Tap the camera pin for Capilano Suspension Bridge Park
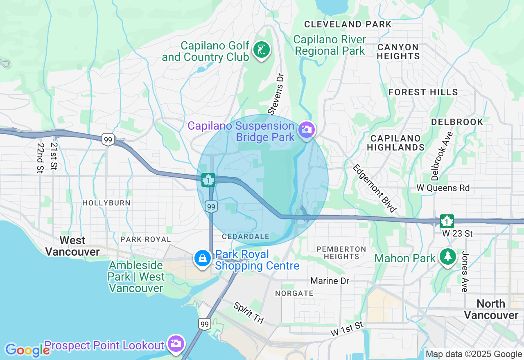tap(307, 130)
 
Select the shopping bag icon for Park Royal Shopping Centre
tap(202, 259)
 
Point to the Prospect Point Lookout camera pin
tap(176, 344)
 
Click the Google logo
tap(27, 350)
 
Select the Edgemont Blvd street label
tap(375, 188)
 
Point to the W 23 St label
tap(457, 234)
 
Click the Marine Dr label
tap(330, 281)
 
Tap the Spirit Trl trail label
tap(249, 313)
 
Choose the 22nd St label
tap(40, 157)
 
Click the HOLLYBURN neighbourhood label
tap(106, 203)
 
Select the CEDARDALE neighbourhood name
tap(246, 236)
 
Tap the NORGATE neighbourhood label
tap(294, 293)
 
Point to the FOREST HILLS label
tap(423, 92)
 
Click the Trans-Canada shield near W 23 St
tap(447, 221)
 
